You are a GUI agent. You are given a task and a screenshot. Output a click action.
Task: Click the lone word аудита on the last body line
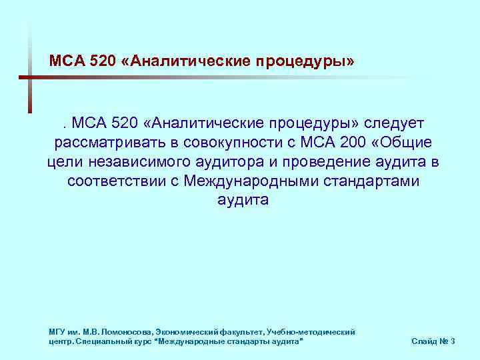(243, 201)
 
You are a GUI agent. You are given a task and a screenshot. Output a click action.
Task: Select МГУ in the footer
(57, 331)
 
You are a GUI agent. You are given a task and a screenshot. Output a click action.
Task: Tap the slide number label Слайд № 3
(433, 341)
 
